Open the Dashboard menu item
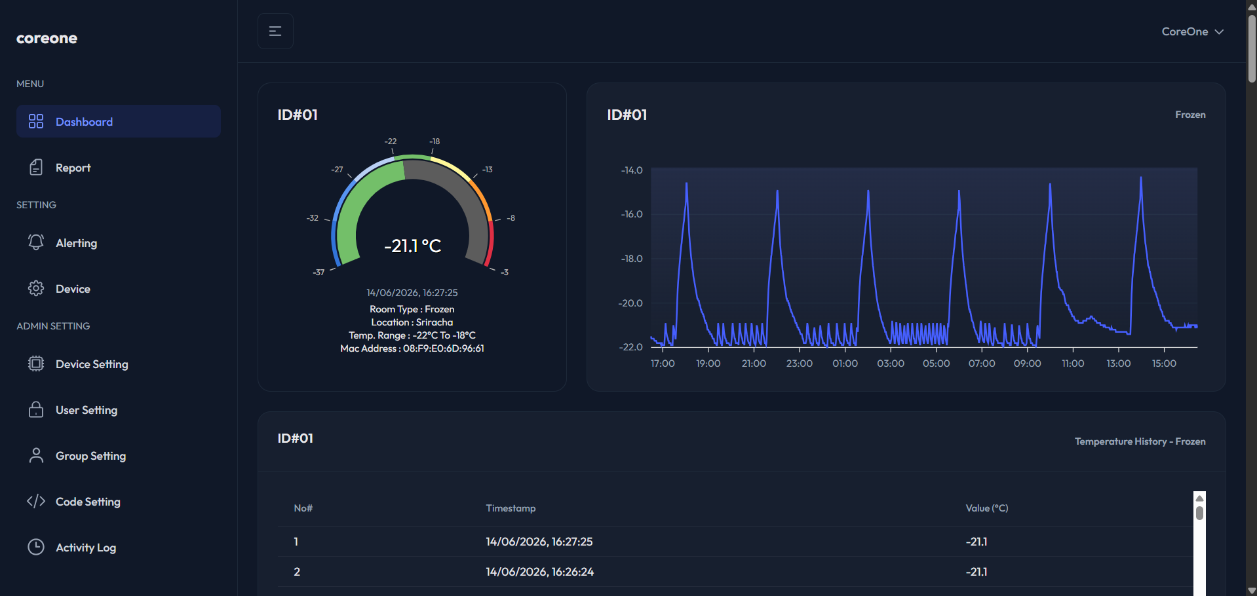click(x=118, y=121)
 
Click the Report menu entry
click(x=73, y=168)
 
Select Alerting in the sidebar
click(x=76, y=243)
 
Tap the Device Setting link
click(x=92, y=364)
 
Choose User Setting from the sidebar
click(x=86, y=410)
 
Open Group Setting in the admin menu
click(x=90, y=456)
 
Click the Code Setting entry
click(x=88, y=502)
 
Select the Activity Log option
click(x=85, y=548)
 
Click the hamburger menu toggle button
click(x=275, y=31)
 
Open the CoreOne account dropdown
click(x=1192, y=31)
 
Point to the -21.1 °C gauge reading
click(x=412, y=246)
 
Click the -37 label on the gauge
click(x=319, y=272)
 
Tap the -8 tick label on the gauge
click(x=511, y=218)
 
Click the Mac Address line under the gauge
click(x=412, y=348)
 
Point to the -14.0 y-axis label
click(x=632, y=170)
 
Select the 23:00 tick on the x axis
click(x=799, y=363)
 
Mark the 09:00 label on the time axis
click(x=1027, y=363)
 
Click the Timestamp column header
click(x=511, y=508)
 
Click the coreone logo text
click(x=47, y=38)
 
